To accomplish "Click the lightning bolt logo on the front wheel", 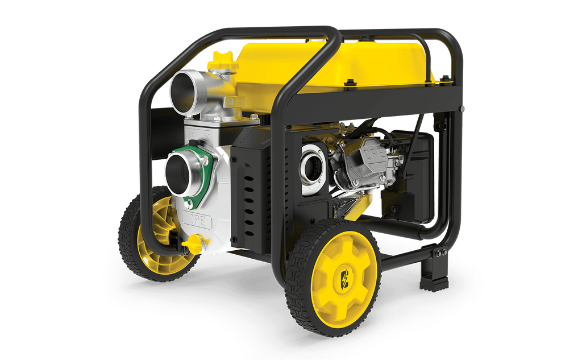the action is tap(345, 279).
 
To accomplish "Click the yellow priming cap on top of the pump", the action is tap(223, 62).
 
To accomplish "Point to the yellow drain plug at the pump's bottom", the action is tap(194, 244).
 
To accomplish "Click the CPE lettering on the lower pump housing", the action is tap(197, 221).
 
